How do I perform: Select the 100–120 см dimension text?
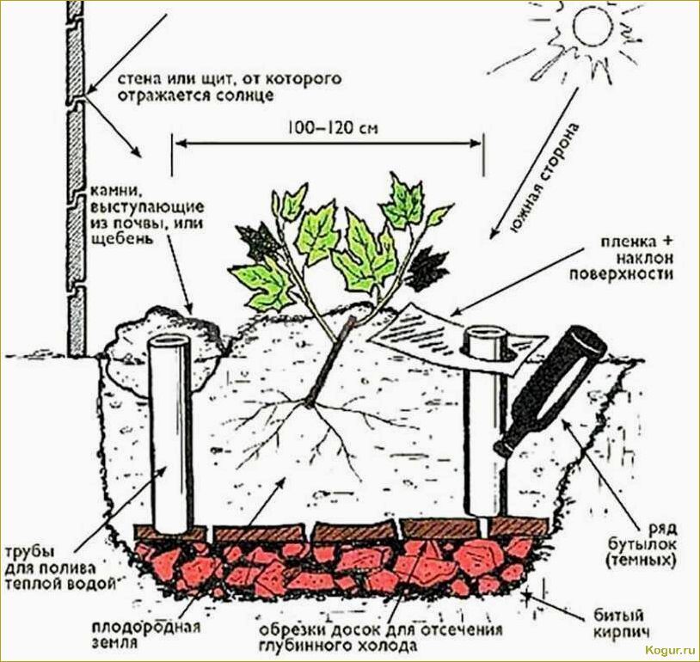coord(333,128)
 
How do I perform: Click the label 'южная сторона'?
coord(545,177)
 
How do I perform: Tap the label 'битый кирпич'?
coord(620,623)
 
